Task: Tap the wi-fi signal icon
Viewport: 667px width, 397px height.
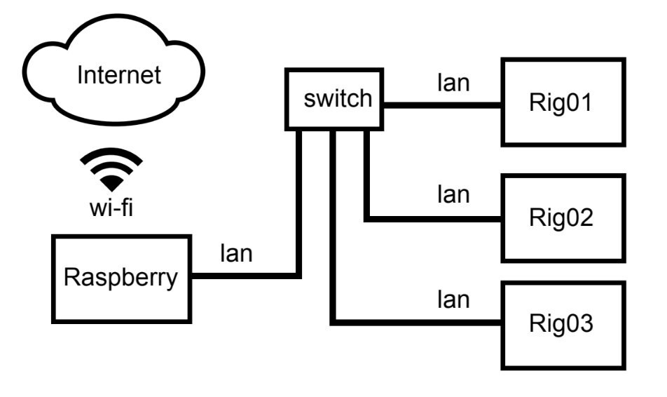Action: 111,169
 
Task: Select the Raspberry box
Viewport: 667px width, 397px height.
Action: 121,278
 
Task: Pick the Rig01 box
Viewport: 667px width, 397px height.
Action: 562,102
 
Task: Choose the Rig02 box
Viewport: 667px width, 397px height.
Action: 562,217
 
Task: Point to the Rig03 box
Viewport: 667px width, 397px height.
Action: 562,324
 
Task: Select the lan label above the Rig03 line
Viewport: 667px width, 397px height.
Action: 453,300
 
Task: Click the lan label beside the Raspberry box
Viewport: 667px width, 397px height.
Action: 236,253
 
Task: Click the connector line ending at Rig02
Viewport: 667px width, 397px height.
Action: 434,220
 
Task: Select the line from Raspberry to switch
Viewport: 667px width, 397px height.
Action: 245,276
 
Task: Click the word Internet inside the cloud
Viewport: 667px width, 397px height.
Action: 119,74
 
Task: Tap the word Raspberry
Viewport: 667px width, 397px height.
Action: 121,278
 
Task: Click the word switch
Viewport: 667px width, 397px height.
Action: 337,98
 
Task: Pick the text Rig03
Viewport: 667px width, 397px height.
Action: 562,324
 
